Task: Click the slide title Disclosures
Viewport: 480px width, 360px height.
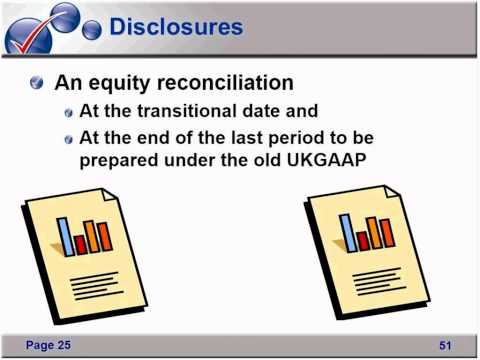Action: click(175, 27)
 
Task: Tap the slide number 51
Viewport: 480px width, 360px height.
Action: click(446, 345)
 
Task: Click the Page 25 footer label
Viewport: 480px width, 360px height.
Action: click(49, 344)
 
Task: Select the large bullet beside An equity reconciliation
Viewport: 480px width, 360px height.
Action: click(37, 82)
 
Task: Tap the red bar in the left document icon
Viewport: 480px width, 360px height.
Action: click(80, 243)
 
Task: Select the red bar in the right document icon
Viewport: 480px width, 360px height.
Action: click(363, 240)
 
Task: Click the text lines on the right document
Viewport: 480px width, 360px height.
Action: click(375, 276)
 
